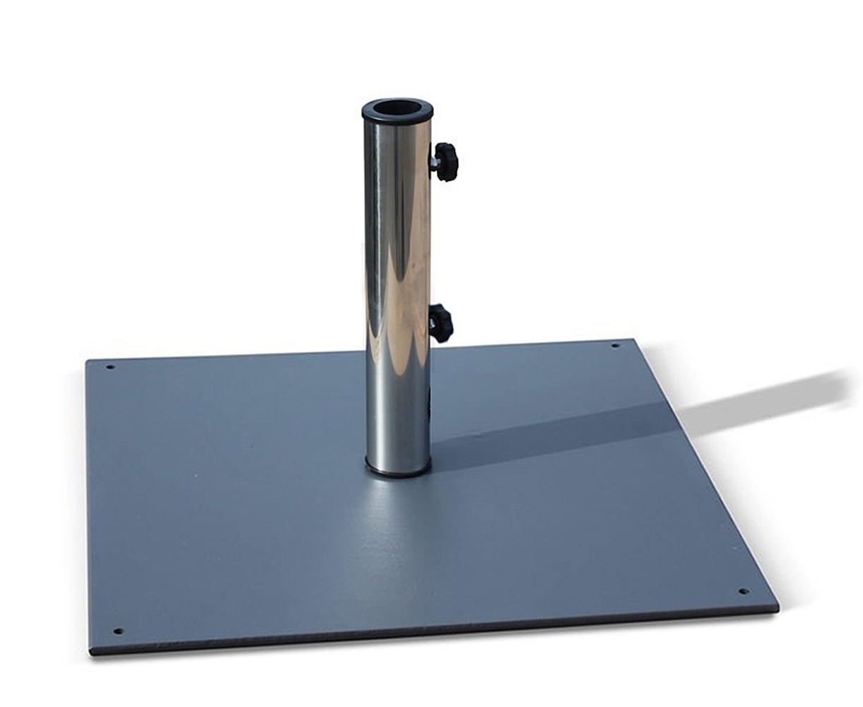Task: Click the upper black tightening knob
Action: (x=446, y=161)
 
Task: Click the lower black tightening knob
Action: (x=440, y=323)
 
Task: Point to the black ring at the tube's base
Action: (x=398, y=469)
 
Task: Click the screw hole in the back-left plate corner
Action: (x=110, y=368)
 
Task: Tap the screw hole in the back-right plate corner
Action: (x=614, y=346)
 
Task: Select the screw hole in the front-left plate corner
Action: (x=117, y=631)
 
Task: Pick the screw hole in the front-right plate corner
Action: (x=743, y=591)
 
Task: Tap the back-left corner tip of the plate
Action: (x=86, y=361)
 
